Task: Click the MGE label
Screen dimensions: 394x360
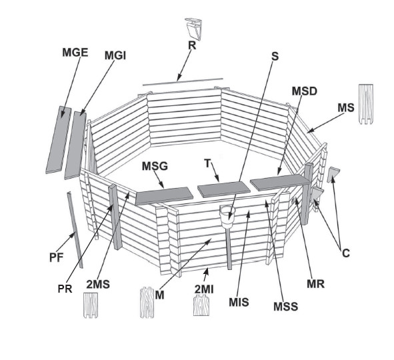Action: [x=75, y=53]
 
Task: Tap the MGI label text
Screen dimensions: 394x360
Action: [x=115, y=55]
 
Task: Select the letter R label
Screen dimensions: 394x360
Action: [x=192, y=45]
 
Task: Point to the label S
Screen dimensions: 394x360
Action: [x=275, y=56]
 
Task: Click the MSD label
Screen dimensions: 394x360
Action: [x=304, y=91]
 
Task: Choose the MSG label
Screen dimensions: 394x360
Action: [x=155, y=166]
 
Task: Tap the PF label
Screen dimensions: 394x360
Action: [x=56, y=257]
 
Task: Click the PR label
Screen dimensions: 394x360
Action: [x=65, y=289]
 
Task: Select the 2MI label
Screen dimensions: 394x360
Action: [x=204, y=289]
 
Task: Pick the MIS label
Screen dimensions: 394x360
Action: [x=239, y=302]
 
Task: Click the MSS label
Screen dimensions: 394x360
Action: [x=286, y=307]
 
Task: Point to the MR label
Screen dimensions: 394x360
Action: [x=315, y=284]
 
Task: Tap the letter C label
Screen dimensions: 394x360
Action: [x=346, y=253]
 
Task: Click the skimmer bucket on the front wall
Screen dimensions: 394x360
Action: [x=227, y=216]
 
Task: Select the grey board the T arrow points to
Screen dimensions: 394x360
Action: [x=223, y=189]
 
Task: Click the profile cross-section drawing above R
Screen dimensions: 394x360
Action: [x=194, y=29]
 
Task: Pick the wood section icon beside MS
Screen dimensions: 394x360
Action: [x=365, y=104]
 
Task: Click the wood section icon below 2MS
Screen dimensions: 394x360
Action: [x=91, y=305]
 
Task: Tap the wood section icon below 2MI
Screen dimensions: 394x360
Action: [x=201, y=305]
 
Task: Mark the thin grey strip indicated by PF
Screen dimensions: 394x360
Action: [x=75, y=229]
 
